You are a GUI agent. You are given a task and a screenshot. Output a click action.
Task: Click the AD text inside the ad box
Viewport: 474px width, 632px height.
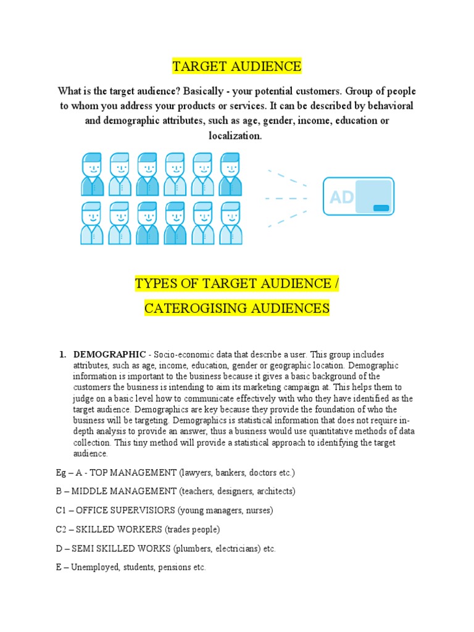click(x=342, y=197)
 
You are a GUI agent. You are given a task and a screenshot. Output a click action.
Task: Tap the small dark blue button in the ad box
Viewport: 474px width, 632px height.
click(x=381, y=208)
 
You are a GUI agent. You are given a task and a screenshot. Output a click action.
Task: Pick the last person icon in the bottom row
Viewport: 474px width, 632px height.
click(x=231, y=223)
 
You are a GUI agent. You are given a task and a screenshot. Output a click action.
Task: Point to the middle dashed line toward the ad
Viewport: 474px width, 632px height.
click(x=286, y=198)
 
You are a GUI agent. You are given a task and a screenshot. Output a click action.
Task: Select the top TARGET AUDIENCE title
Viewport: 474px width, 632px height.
click(x=237, y=66)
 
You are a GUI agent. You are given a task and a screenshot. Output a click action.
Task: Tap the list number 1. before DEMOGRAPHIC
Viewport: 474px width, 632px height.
click(x=62, y=355)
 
